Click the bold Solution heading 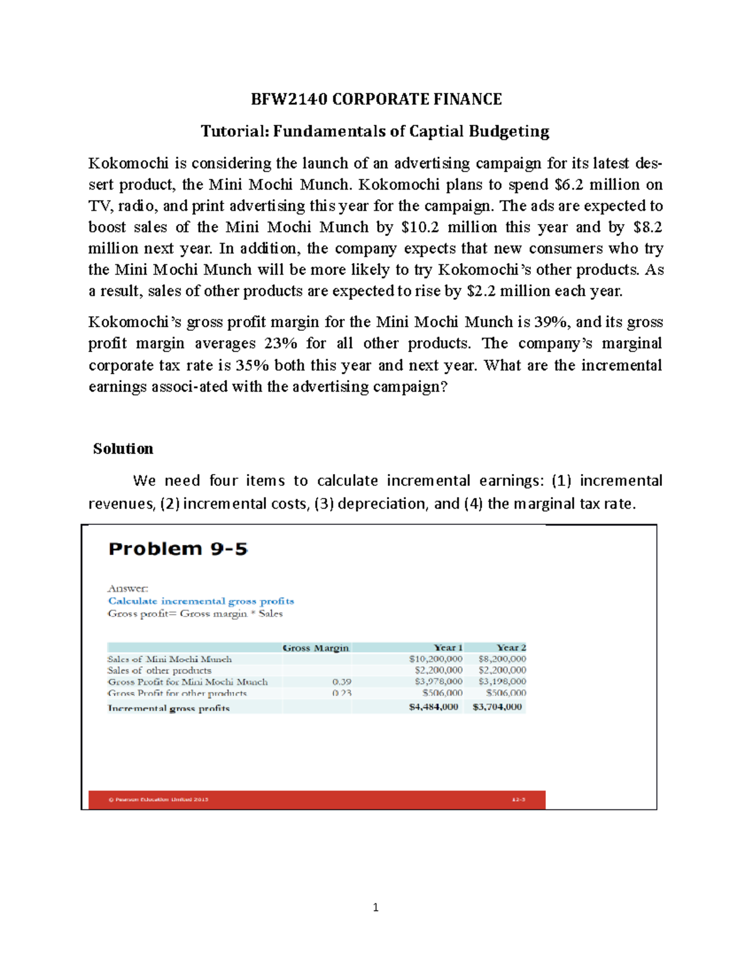123,449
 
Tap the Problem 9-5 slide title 178,549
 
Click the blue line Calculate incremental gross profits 201,601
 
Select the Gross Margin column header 316,648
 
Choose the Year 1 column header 448,647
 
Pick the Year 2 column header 511,647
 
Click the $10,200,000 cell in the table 435,659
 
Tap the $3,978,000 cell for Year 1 439,681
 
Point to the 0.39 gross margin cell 342,682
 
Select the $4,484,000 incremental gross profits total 434,707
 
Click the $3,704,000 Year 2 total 497,707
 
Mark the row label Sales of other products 159,671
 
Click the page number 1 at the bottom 375,907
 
